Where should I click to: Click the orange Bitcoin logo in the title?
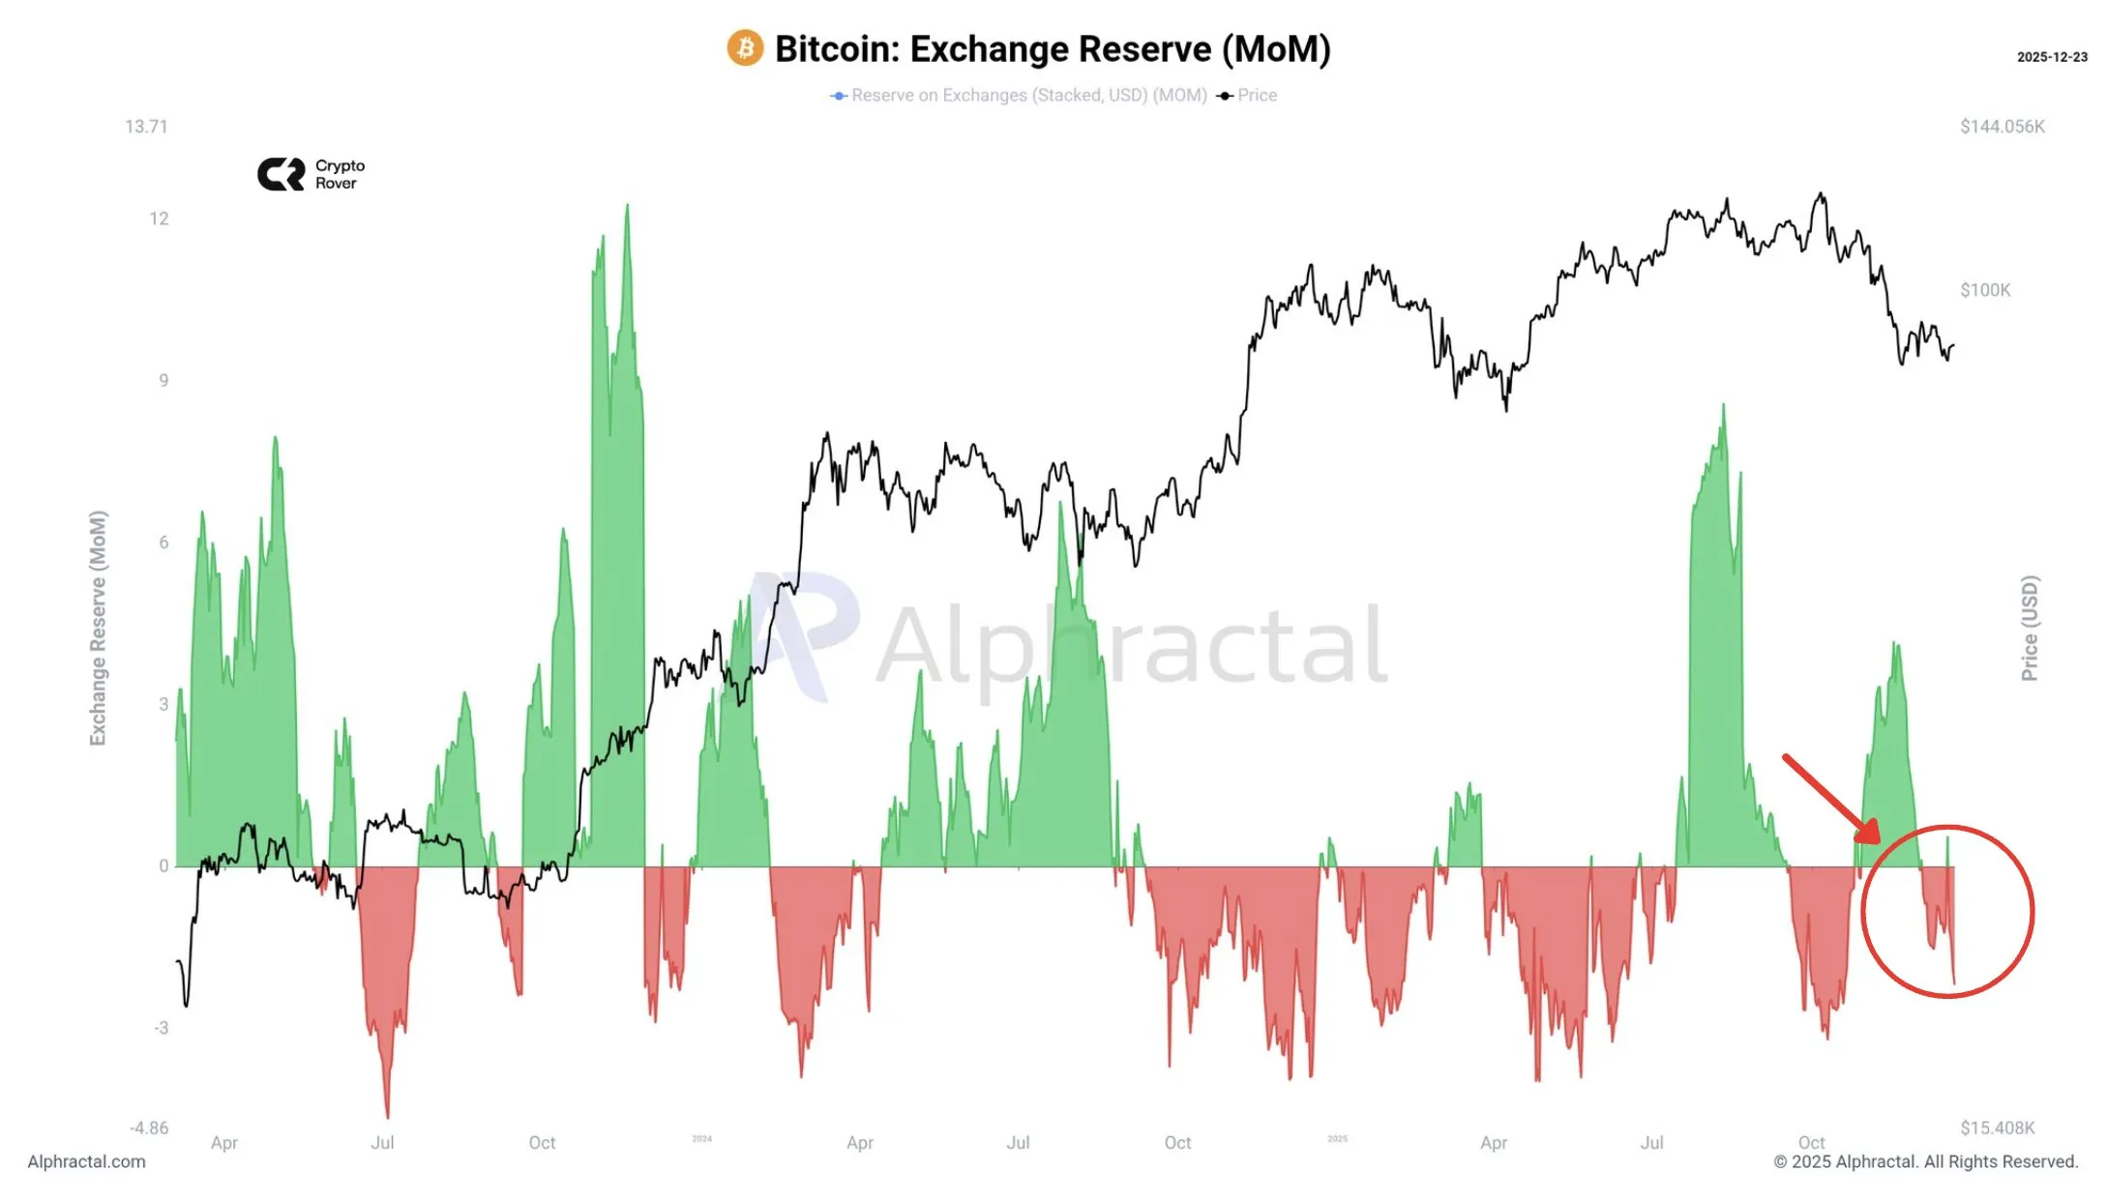tap(745, 48)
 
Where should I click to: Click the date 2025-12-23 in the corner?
tap(2051, 57)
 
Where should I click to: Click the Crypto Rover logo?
tap(311, 174)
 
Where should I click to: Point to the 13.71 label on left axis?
tap(146, 127)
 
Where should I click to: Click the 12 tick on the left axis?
tap(159, 219)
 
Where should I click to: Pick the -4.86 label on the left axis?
tap(149, 1128)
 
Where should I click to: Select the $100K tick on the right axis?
tap(1984, 290)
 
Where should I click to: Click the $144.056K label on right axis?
tap(2002, 127)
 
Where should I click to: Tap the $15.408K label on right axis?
tap(1997, 1128)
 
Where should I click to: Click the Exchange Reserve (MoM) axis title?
tap(98, 628)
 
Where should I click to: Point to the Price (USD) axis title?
tap(2030, 628)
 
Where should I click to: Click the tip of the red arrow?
tap(1877, 841)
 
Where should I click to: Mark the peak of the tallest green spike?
tap(627, 206)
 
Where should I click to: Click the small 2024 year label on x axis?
tap(701, 1139)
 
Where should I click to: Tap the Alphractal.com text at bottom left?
tap(86, 1161)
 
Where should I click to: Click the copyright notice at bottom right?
tap(1925, 1161)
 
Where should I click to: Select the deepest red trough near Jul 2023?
tap(388, 1117)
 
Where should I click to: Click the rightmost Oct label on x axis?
tap(1811, 1142)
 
